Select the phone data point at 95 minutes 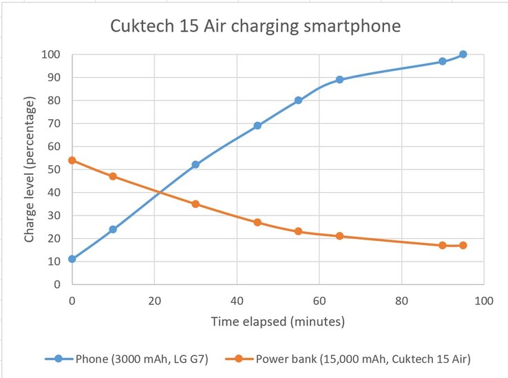[x=463, y=54]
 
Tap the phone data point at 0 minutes [x=72, y=259]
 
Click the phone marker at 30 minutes [x=195, y=165]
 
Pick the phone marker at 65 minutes [x=339, y=80]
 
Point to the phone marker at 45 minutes [x=257, y=126]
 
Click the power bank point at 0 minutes [x=72, y=160]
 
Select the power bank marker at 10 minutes [x=113, y=176]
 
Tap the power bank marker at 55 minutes [x=299, y=231]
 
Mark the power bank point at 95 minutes [x=463, y=245]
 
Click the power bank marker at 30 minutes [x=195, y=204]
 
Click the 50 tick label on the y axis [x=56, y=169]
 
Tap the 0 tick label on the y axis [x=59, y=284]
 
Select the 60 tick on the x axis [x=319, y=301]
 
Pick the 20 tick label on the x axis [x=154, y=301]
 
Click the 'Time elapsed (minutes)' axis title [x=277, y=322]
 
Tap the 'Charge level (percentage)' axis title [x=30, y=169]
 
